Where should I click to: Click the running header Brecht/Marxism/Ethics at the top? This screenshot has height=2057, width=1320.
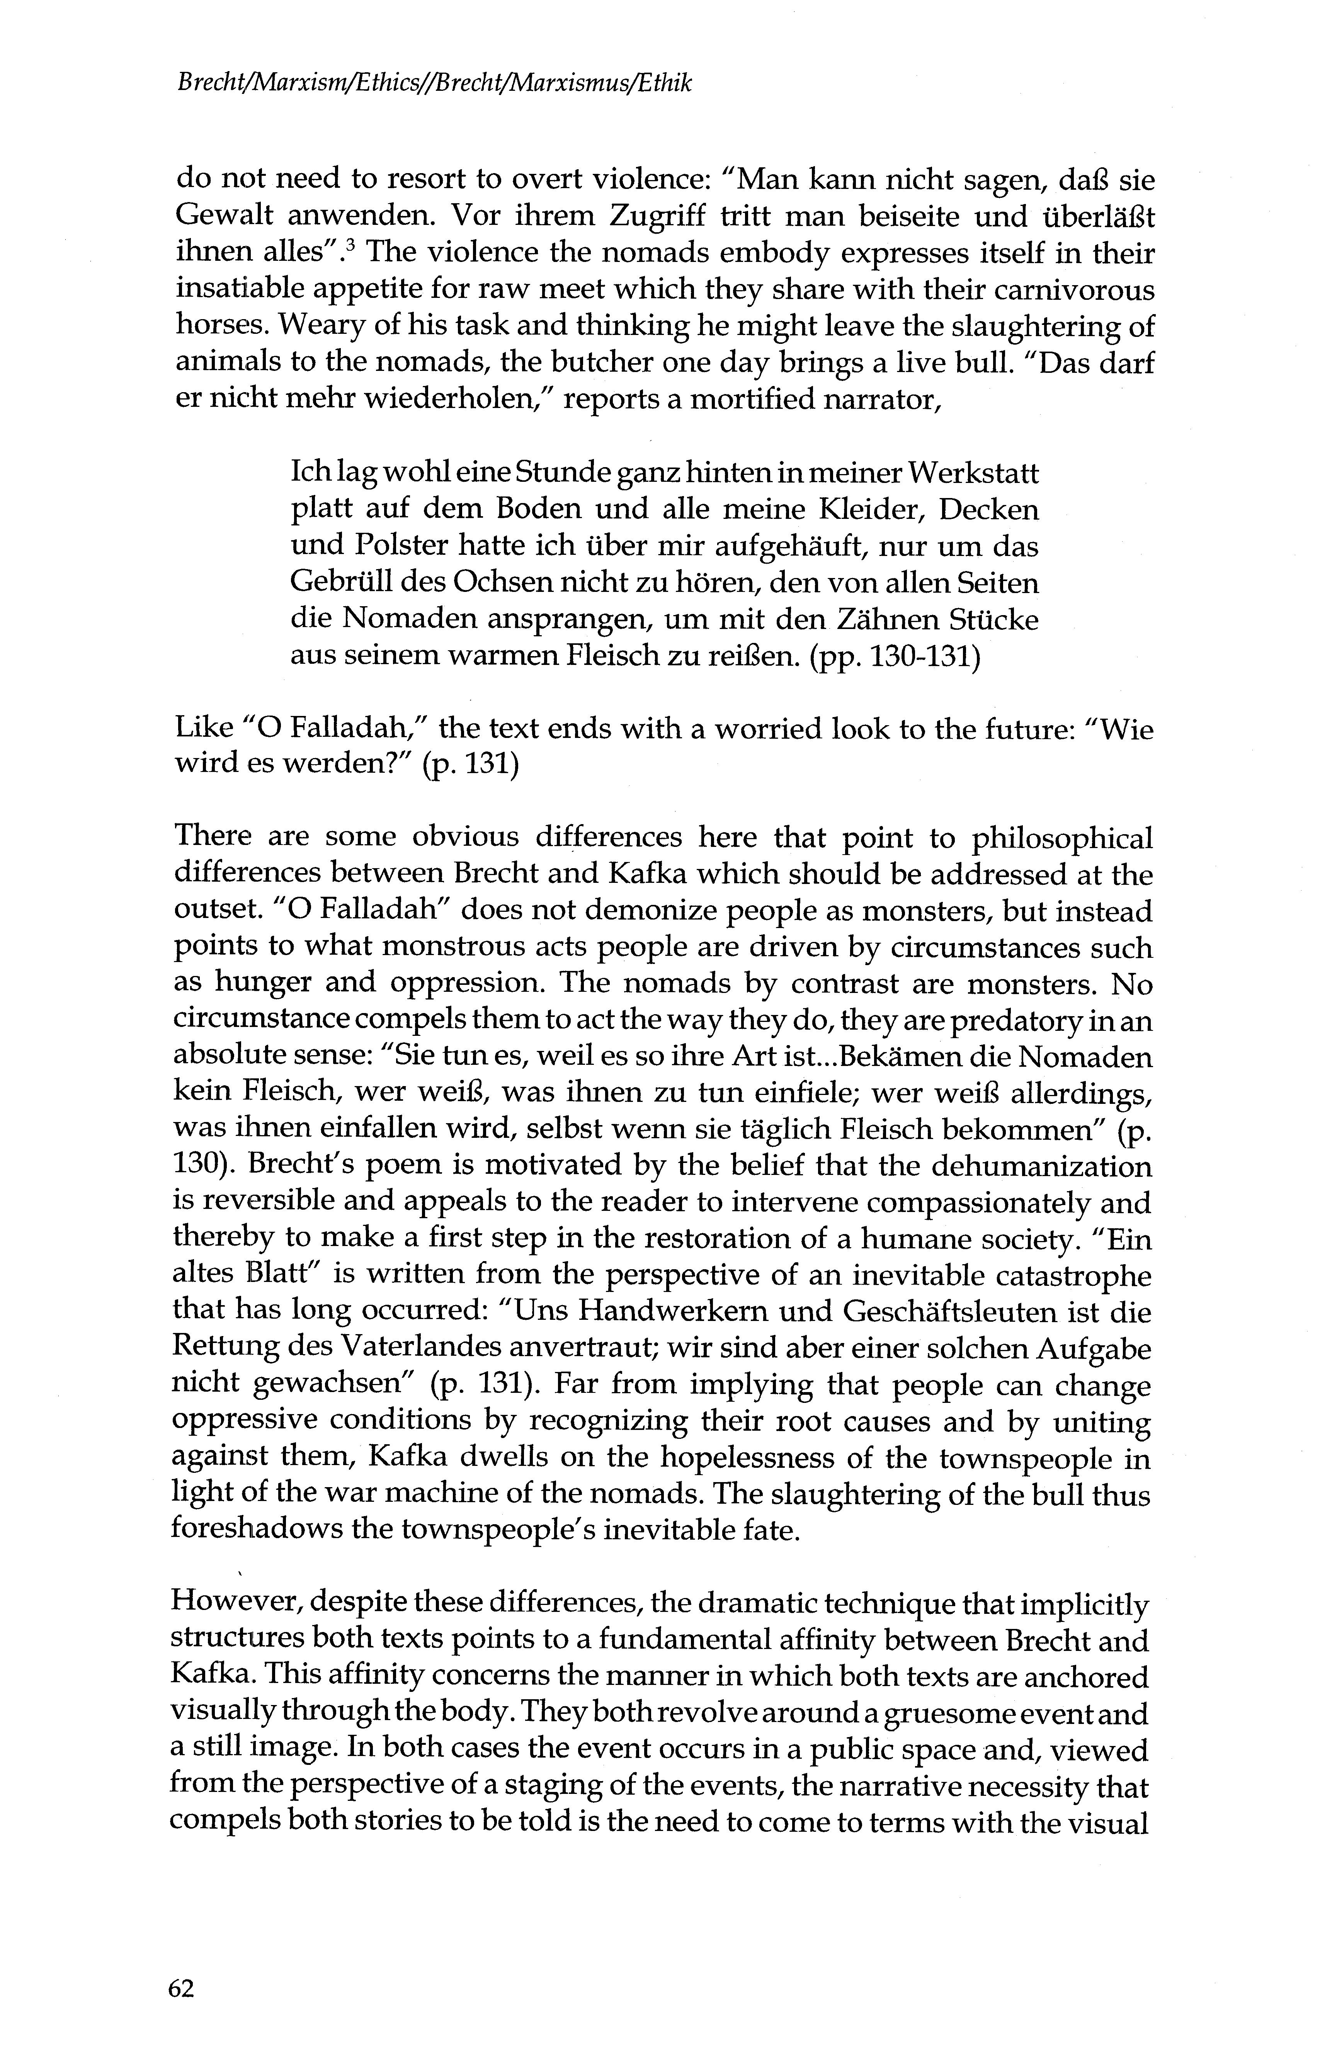tap(433, 83)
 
